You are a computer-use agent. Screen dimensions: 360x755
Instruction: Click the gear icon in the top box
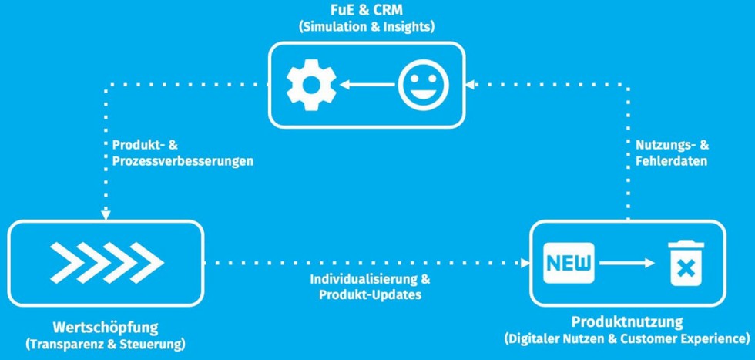coord(306,85)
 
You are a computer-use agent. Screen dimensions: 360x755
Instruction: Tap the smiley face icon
coord(423,85)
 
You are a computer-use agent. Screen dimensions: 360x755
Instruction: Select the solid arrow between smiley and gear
coord(365,85)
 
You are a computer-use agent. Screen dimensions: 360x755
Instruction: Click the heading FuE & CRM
coord(366,11)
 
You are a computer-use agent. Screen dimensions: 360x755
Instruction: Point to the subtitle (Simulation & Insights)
coord(366,26)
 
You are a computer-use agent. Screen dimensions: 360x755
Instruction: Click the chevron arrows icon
coord(106,263)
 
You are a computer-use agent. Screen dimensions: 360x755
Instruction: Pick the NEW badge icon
coord(570,263)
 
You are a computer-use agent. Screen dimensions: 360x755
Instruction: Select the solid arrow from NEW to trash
coord(629,263)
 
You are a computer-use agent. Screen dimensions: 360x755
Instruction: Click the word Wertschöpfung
coord(106,326)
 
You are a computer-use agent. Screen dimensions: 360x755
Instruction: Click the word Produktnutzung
coord(627,321)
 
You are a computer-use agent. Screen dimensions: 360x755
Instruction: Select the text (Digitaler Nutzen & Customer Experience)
coord(627,338)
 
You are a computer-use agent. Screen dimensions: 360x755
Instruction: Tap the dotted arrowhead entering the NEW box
coord(527,263)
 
